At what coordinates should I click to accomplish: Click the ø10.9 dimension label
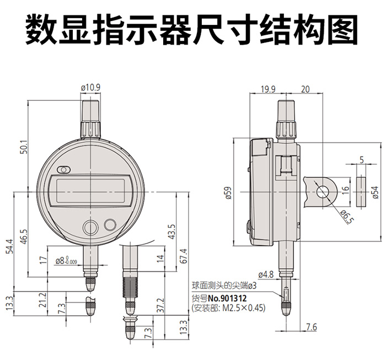click(90, 88)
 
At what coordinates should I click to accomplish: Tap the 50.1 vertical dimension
click(24, 147)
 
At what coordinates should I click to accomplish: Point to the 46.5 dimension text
click(24, 237)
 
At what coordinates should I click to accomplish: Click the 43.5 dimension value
click(171, 232)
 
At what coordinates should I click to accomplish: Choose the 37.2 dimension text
click(160, 305)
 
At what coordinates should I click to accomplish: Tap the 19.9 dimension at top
click(268, 89)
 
